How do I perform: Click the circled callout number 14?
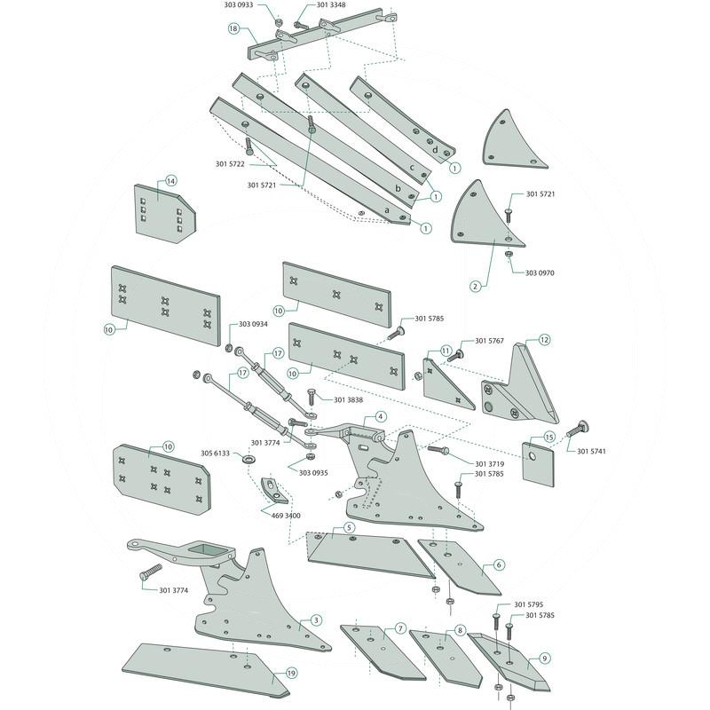(171, 180)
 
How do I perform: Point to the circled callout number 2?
(476, 286)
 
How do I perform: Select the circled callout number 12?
(544, 339)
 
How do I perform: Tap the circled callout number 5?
(349, 528)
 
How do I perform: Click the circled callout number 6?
(499, 564)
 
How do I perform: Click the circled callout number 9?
(544, 659)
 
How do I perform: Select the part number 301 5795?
(540, 604)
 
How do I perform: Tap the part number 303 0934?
(253, 324)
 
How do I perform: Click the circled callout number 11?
(446, 352)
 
